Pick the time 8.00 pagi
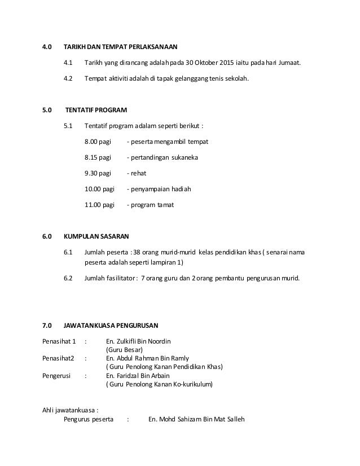98,141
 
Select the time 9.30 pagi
98,173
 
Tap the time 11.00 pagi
99,204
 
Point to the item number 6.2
68,278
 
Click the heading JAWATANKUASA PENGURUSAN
111,326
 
